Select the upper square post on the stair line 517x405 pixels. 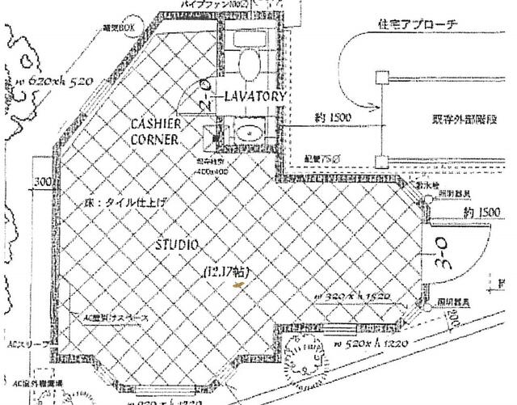point(380,78)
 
